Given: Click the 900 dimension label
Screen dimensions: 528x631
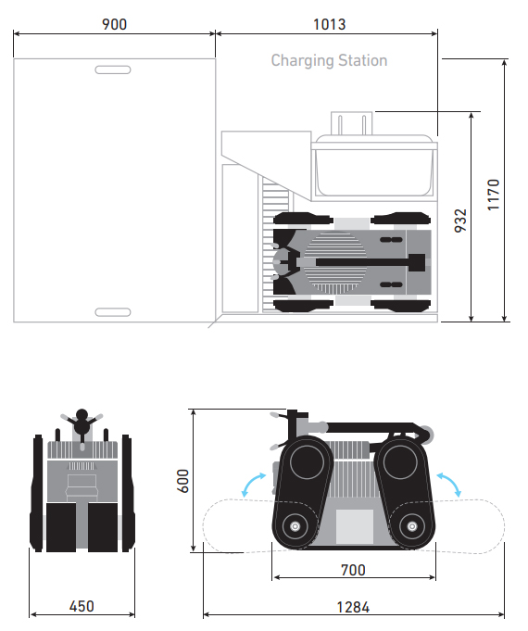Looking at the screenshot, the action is (114, 24).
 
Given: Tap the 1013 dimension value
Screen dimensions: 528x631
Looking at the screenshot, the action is (330, 24).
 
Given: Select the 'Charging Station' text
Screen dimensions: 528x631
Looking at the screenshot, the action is (329, 60).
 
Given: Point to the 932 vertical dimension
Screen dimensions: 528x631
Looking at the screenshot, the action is (460, 221).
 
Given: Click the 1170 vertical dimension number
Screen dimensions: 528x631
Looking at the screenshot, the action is (494, 195).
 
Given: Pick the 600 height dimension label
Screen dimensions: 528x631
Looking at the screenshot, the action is (182, 481).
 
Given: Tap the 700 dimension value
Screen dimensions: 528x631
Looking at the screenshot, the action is (353, 570).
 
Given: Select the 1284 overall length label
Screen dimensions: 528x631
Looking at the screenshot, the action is (353, 607).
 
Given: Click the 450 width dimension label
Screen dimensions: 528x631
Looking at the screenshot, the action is (82, 606).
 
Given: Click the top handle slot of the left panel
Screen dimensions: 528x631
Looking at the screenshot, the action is (113, 69).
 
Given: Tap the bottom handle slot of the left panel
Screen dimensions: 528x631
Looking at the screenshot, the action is (113, 312).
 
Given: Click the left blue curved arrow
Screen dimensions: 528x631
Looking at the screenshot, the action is (253, 484).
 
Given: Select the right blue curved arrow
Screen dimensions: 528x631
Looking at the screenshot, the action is (449, 484).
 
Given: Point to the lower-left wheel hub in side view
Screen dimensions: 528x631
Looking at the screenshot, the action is (295, 526).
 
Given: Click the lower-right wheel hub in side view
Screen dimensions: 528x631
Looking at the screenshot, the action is (411, 526).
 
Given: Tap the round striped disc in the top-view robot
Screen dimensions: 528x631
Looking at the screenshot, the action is (334, 262).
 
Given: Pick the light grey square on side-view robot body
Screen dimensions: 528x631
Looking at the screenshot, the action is (355, 527).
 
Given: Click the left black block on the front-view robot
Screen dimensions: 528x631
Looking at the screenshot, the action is (61, 527).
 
